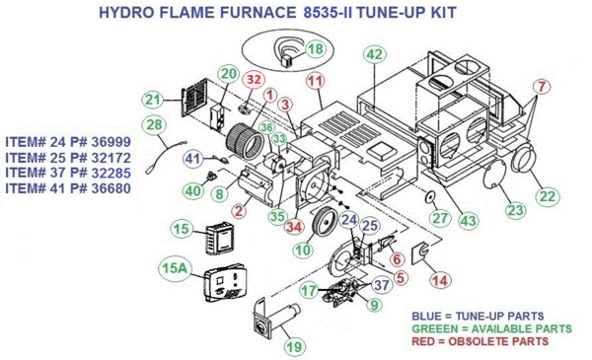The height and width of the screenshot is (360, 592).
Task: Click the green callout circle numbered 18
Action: point(316,49)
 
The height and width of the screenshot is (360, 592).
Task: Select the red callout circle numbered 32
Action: point(254,80)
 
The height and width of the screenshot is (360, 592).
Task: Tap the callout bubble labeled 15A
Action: point(175,268)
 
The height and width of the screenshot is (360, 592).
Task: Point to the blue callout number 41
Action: point(193,158)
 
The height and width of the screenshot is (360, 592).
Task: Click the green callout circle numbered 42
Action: point(375,54)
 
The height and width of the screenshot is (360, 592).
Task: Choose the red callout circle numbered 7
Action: point(542,87)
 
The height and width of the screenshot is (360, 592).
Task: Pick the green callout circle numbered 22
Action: point(548,196)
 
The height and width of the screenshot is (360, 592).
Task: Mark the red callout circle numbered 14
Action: point(440,280)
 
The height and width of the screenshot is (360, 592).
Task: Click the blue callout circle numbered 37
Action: point(381,285)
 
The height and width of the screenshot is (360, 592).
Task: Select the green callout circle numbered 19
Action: point(294,347)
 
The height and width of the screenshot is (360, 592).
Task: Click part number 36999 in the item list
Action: point(111,142)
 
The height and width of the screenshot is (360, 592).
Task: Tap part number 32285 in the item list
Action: point(111,173)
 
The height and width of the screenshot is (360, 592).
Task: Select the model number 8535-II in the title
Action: point(328,13)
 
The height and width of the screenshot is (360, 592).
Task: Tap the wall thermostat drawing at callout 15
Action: point(220,238)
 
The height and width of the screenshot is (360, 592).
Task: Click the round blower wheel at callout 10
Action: point(324,221)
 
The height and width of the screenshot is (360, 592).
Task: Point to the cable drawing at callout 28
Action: point(166,156)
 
